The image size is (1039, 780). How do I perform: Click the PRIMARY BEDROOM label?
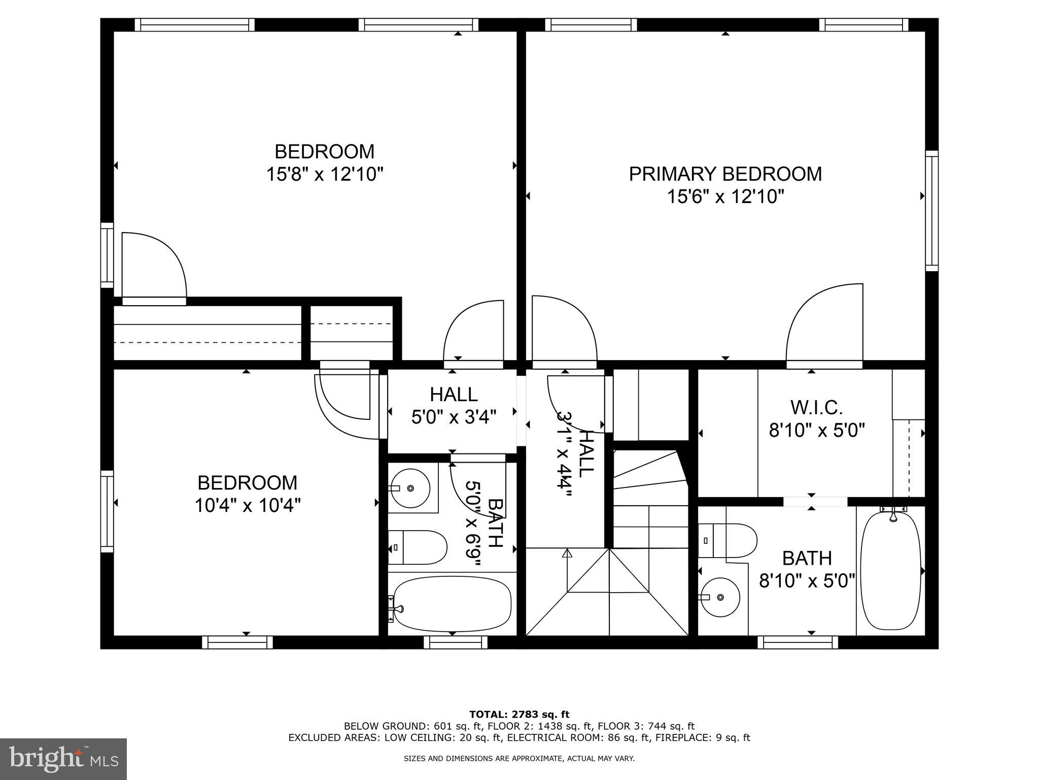pos(725,174)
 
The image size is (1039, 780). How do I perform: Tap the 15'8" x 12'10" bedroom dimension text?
pos(324,175)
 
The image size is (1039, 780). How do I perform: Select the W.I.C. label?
pos(816,407)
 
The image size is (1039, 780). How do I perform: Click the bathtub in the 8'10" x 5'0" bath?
pos(890,571)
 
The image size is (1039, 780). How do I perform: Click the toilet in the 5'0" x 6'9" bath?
pos(417,547)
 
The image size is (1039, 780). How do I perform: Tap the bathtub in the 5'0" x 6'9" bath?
pos(452,603)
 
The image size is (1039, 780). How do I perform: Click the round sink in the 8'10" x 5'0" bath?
pos(719,598)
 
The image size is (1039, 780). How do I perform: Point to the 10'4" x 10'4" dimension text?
pos(248,505)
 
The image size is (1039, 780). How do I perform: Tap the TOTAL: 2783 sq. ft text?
pos(519,714)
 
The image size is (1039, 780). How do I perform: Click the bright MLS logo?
pos(63,759)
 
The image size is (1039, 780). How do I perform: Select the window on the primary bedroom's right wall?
pos(931,210)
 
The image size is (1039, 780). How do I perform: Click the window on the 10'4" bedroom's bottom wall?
pos(237,642)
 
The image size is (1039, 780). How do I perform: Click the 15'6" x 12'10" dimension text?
pos(725,197)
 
